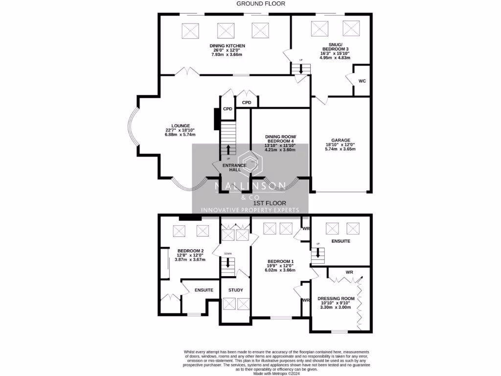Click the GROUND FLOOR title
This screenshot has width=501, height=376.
(261, 3)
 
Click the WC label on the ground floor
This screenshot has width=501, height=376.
(362, 81)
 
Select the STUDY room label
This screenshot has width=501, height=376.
(236, 290)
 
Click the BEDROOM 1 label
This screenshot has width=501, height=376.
(280, 261)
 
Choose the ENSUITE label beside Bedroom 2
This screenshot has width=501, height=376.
(204, 290)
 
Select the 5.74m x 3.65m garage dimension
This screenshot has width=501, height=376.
(340, 149)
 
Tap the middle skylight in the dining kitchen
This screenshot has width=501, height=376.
(226, 30)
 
